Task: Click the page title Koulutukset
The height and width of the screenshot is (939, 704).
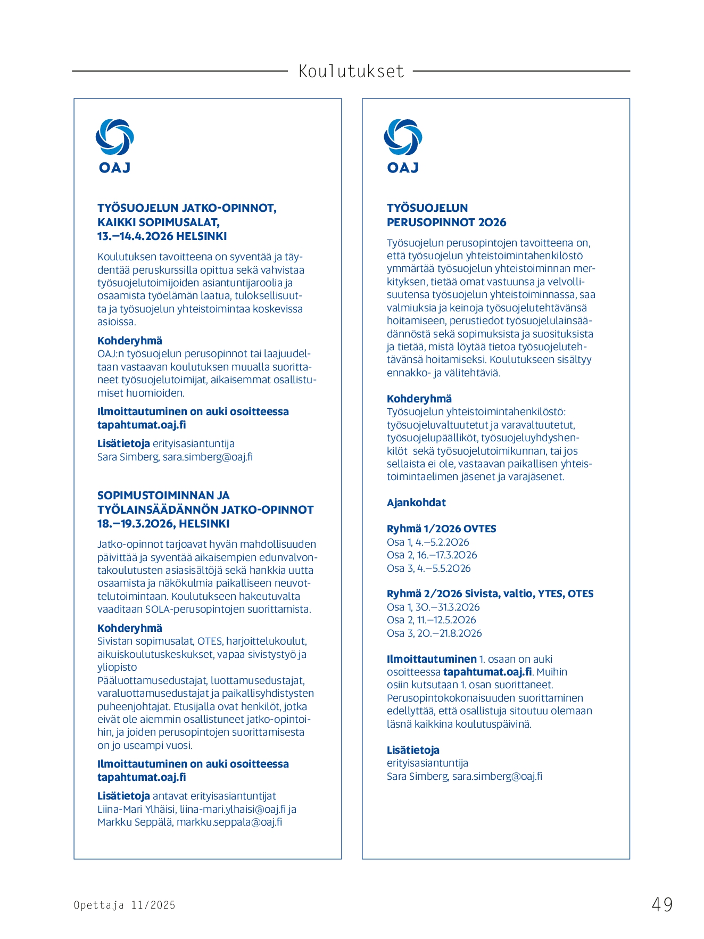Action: [x=351, y=71]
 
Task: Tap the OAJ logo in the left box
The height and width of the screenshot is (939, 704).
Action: [x=114, y=146]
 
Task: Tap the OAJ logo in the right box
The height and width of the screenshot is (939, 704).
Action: [x=403, y=146]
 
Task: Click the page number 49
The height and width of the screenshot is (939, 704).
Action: [x=662, y=904]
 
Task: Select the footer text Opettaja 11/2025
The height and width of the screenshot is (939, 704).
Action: [x=125, y=905]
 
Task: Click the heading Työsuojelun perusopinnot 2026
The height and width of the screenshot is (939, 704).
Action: [x=446, y=215]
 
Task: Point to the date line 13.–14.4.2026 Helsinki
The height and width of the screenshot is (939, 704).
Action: [x=162, y=236]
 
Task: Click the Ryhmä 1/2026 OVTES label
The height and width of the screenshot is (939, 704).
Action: [x=441, y=529]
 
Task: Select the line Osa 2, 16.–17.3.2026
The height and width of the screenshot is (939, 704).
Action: [x=432, y=555]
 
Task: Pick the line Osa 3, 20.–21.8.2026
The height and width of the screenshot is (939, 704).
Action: [x=434, y=633]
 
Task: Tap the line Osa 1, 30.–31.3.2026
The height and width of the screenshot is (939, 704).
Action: [x=433, y=607]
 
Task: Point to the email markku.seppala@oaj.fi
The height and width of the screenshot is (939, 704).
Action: [x=229, y=822]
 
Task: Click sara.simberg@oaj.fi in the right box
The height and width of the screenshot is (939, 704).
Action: [x=497, y=776]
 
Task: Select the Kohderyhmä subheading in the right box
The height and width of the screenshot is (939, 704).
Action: [x=419, y=399]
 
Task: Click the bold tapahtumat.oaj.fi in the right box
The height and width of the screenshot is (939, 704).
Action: [x=487, y=672]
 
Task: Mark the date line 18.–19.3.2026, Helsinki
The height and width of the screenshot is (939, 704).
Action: [x=163, y=524]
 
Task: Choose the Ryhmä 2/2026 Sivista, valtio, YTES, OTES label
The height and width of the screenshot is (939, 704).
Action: [x=490, y=594]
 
